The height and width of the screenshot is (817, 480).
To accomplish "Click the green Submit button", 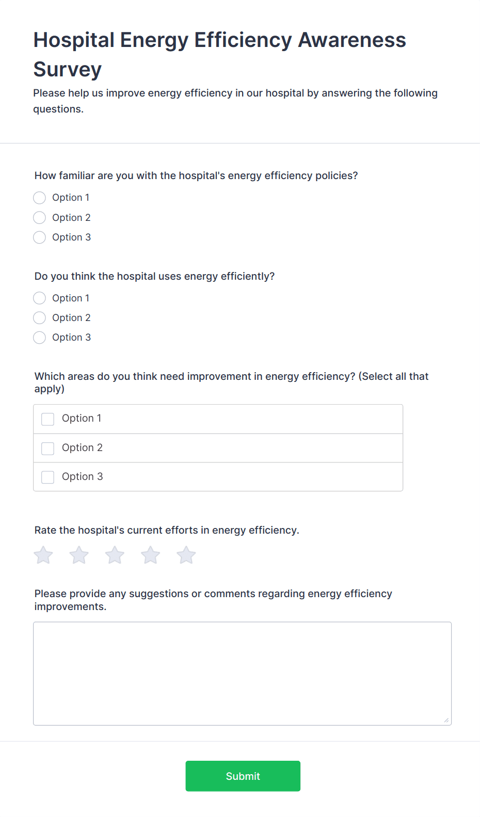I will (x=243, y=776).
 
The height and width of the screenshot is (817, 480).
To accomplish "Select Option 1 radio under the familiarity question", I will (x=40, y=198).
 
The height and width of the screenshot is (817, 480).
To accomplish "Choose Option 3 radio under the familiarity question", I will (x=40, y=237).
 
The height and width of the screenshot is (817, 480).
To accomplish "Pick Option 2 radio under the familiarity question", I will (x=40, y=218).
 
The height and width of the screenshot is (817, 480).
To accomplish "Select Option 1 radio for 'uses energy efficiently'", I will (x=40, y=298).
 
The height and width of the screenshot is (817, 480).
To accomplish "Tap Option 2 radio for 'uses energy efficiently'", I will (x=40, y=318).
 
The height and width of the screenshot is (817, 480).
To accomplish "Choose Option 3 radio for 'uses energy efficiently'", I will (x=40, y=338).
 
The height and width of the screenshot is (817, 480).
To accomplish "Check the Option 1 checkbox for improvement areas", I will (x=48, y=419).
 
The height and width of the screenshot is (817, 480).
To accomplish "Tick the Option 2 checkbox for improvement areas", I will (x=48, y=448).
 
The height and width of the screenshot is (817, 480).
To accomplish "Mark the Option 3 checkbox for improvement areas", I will (x=48, y=477).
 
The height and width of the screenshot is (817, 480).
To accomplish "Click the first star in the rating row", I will (x=43, y=555).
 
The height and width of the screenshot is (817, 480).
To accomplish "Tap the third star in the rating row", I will (x=115, y=555).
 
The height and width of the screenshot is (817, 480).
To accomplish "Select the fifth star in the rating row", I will (x=186, y=555).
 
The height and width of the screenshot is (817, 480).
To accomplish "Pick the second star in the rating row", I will (x=79, y=555).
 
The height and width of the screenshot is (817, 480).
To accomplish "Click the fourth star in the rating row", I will (x=151, y=555).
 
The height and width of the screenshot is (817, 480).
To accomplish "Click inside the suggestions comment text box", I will (x=242, y=673).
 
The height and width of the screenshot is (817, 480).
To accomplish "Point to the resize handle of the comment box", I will (x=446, y=720).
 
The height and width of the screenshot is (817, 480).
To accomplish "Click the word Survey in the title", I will (x=68, y=69).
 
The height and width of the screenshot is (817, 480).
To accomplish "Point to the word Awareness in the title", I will (x=352, y=40).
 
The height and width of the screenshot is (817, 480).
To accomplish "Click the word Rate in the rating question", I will (x=45, y=530).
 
